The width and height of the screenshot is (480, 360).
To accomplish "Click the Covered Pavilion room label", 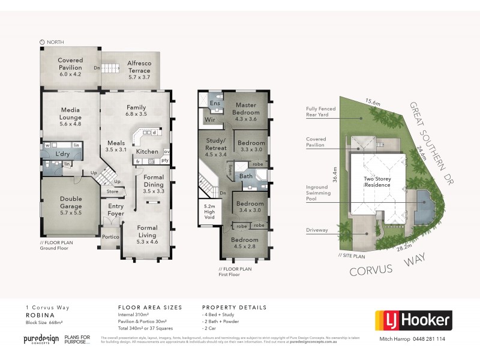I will tap(70, 64).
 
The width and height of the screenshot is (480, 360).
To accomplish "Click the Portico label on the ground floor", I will tap(110, 236).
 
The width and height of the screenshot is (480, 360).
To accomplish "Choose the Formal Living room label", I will tap(147, 232).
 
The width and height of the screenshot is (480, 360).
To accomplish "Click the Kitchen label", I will tap(148, 153).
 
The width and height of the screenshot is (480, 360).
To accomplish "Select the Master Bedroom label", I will tap(246, 109).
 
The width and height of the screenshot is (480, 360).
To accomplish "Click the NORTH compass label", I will tap(55, 42).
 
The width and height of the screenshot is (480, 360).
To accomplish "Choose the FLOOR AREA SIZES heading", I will tap(150, 307).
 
